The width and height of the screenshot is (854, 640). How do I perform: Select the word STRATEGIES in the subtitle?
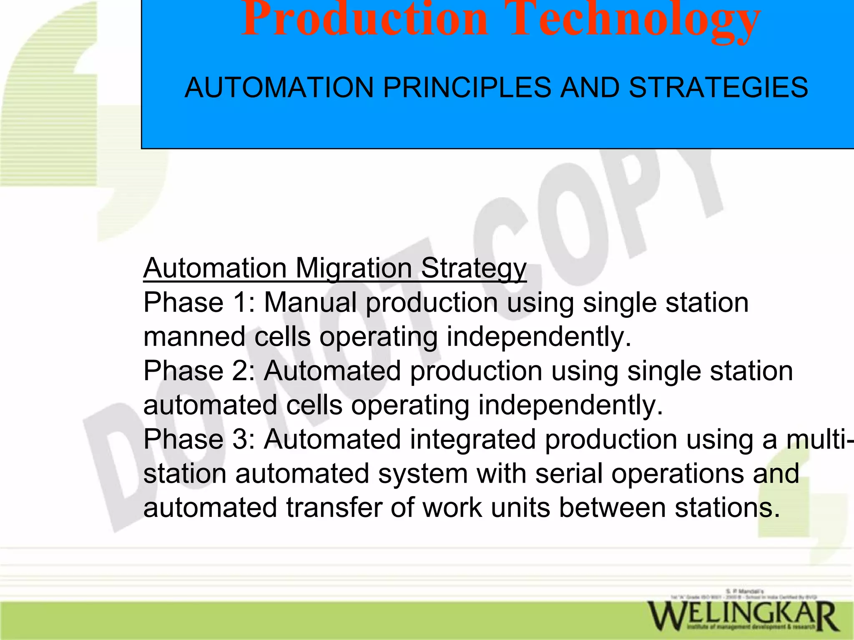click(x=718, y=88)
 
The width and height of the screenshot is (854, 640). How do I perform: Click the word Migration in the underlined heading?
click(x=354, y=268)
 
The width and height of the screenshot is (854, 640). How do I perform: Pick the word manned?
click(x=194, y=337)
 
